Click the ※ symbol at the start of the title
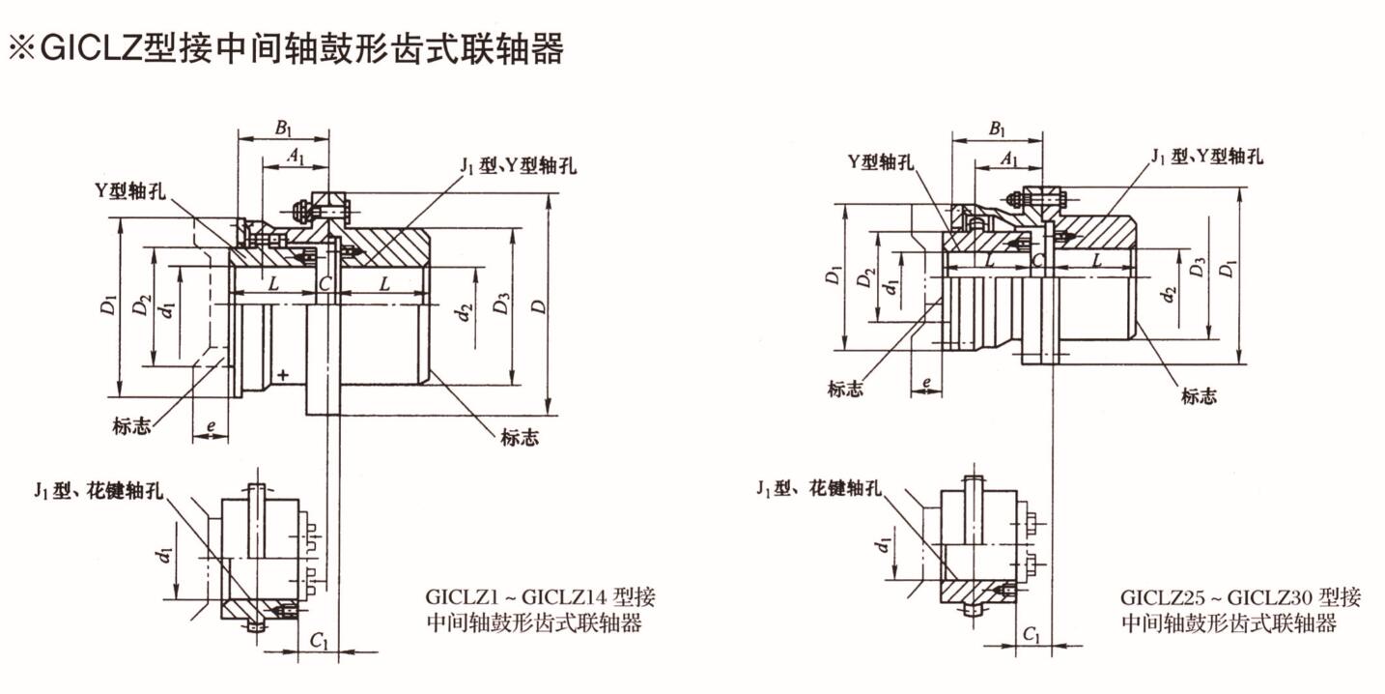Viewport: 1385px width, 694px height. [22, 48]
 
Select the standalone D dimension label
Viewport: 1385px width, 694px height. [537, 305]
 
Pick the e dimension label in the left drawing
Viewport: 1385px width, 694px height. [210, 425]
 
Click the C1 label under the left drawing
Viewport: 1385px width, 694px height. [321, 641]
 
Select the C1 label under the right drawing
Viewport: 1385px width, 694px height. [1032, 634]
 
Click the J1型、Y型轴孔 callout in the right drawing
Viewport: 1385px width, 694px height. [1206, 157]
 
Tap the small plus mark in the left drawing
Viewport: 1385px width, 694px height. [283, 374]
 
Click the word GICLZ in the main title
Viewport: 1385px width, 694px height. [89, 48]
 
